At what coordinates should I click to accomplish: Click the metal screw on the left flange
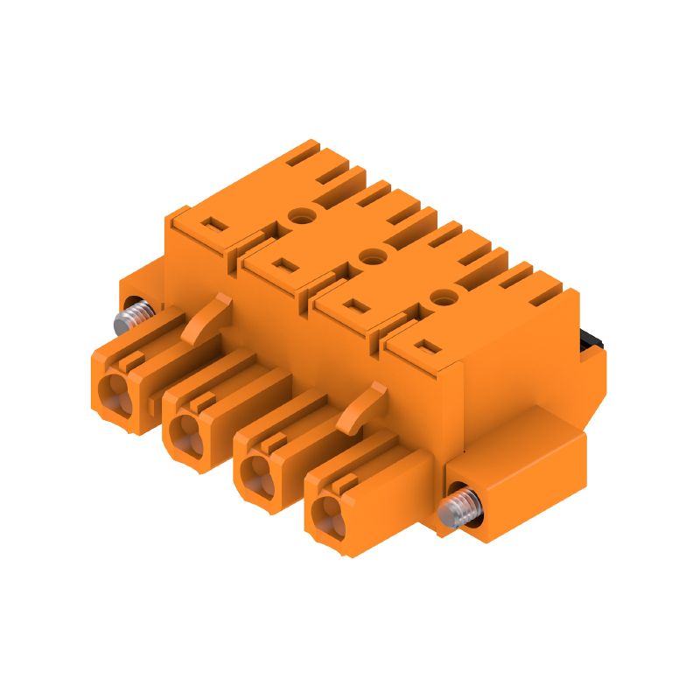coord(136,313)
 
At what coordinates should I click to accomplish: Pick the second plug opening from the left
coord(187,432)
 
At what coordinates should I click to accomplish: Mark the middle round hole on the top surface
coord(374,255)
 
